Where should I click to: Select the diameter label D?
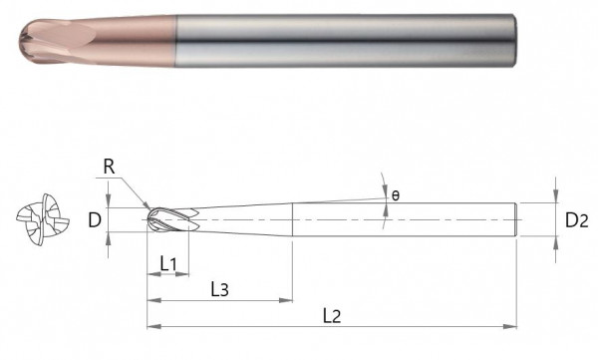[94, 219]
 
